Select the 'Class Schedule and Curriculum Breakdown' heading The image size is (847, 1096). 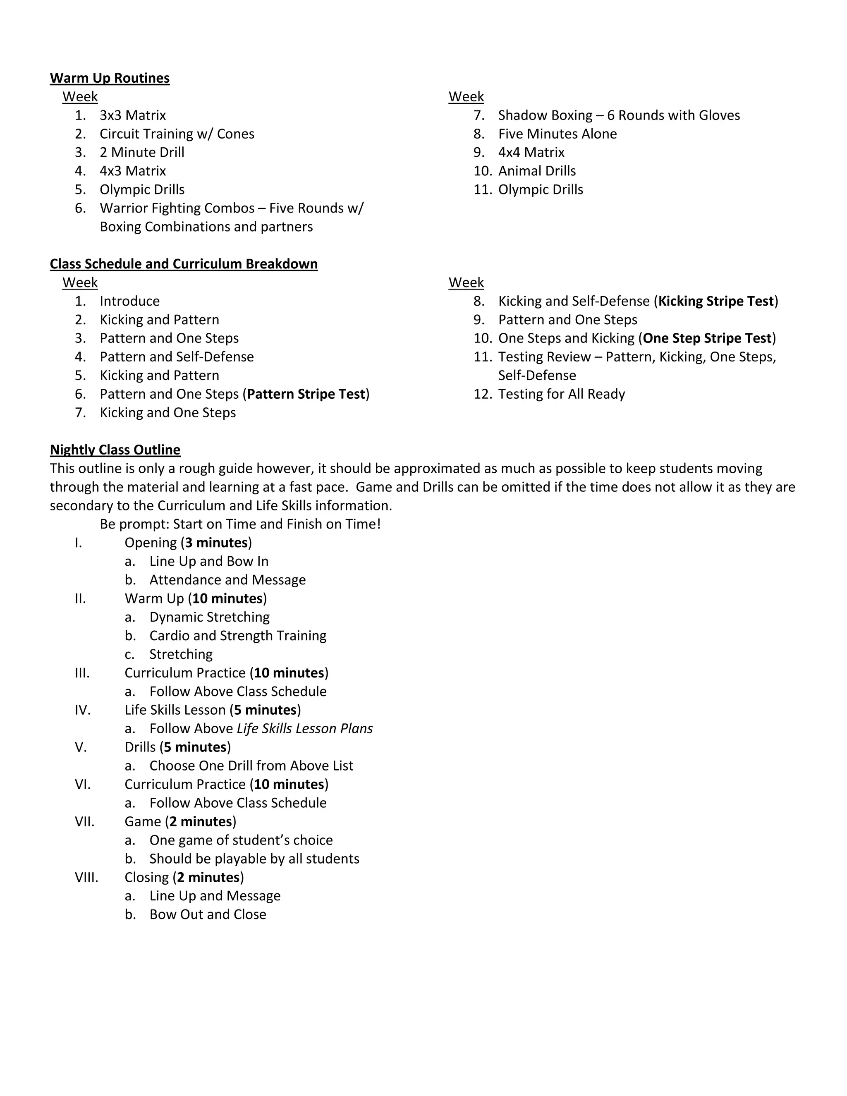(x=184, y=264)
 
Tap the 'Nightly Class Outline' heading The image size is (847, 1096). (x=115, y=450)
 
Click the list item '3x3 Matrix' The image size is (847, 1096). (x=132, y=115)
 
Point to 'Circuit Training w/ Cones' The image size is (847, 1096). (x=177, y=134)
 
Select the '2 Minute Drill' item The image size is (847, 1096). (x=142, y=153)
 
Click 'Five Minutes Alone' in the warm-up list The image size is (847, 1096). (x=557, y=134)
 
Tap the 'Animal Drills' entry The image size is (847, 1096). (x=536, y=171)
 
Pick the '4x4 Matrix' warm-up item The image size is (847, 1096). (x=531, y=153)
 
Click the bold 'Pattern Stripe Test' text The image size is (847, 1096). (x=306, y=395)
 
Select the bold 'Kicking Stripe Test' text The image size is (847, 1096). (x=715, y=301)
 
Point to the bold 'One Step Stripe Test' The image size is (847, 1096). (x=706, y=338)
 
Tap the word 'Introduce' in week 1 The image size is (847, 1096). (x=129, y=301)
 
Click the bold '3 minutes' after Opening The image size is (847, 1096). (x=216, y=543)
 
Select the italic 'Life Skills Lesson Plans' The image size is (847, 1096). (x=304, y=729)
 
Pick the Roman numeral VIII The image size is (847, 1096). (x=86, y=877)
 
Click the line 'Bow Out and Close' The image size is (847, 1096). (x=208, y=914)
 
